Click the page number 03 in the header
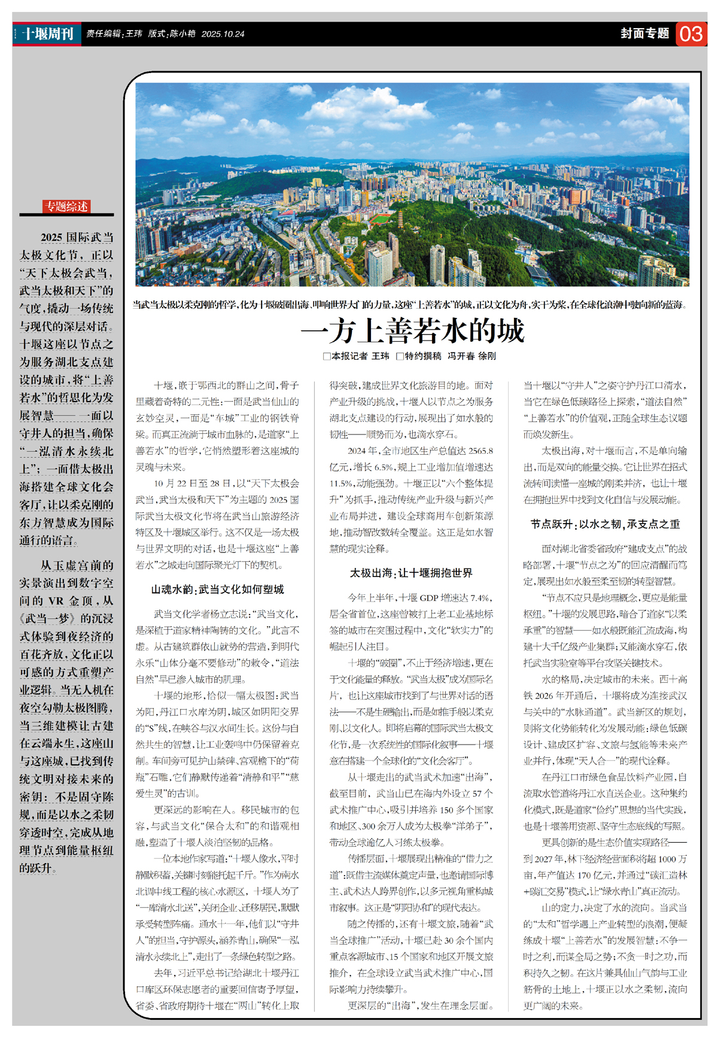coord(691,34)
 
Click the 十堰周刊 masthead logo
coord(48,34)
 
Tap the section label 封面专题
coord(644,34)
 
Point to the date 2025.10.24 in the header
coord(223,34)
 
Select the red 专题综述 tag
coord(66,206)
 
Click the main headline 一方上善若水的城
coord(413,330)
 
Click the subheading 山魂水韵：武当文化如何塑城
coord(217,590)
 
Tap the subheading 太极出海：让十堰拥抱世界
coord(411,573)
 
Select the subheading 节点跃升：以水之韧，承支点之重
coord(605,524)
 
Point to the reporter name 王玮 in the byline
coord(381,356)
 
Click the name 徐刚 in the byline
coord(487,356)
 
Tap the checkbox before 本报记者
coord(327,356)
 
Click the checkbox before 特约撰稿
coord(400,356)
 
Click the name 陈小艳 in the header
coord(182,34)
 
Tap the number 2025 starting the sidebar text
coord(51,238)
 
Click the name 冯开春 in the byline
coord(461,356)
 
